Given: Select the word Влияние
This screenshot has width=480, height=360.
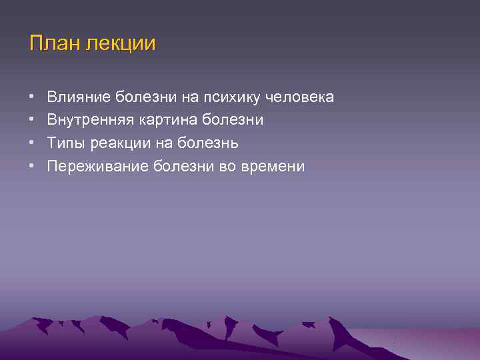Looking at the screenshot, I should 79,97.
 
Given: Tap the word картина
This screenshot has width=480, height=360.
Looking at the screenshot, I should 163,121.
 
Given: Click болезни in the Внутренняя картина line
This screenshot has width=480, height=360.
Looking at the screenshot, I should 231,121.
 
